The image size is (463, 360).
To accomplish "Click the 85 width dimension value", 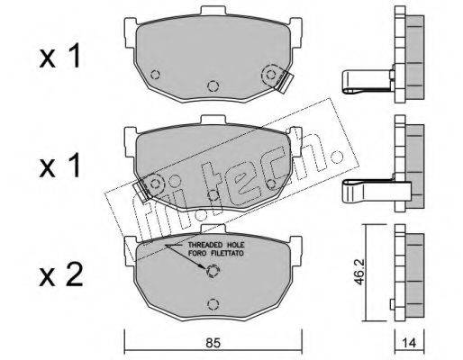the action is (213, 342).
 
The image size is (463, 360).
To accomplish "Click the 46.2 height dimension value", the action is (359, 273).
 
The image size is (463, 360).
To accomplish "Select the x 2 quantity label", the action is (61, 274).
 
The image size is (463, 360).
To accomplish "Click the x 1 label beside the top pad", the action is (60, 56).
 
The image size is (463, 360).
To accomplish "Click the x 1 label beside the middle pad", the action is (60, 166).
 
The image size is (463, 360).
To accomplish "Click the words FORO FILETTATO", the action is (216, 254).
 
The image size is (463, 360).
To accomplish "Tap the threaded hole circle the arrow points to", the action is (213, 272).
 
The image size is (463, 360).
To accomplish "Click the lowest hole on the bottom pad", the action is (213, 304).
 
